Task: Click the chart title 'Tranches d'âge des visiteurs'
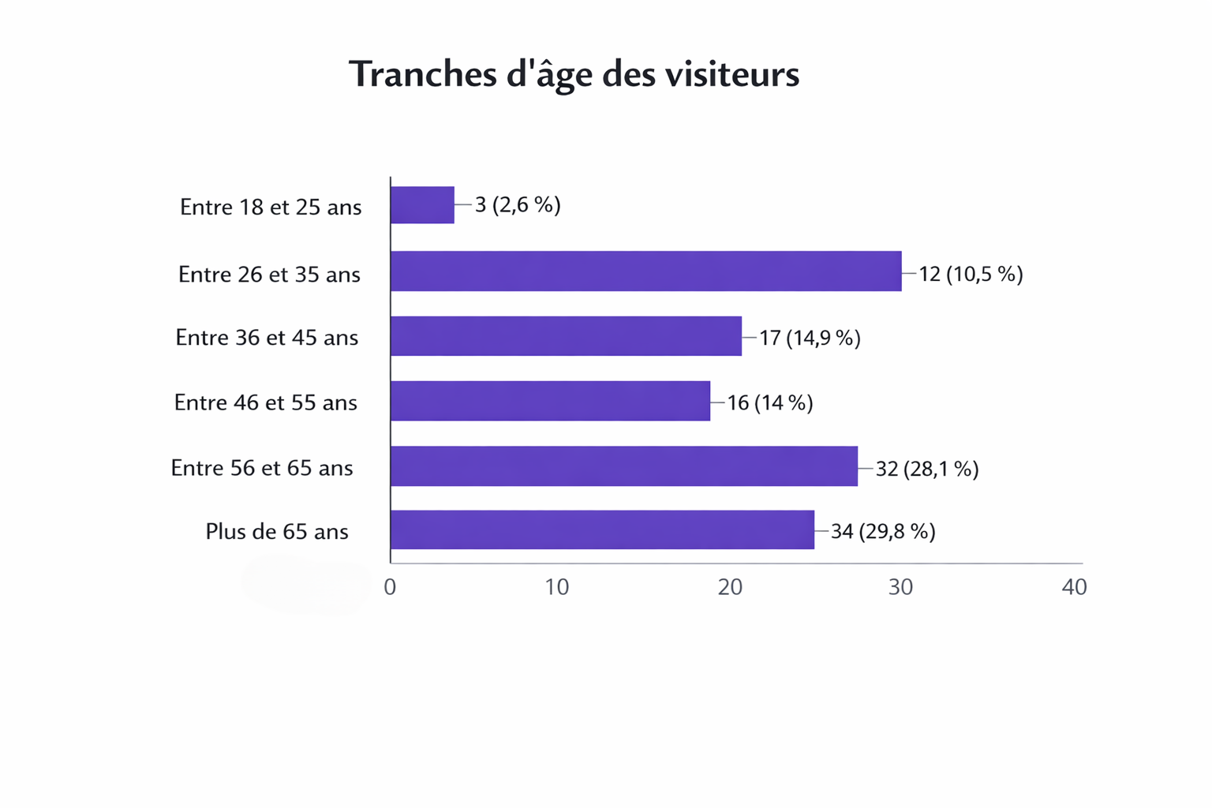[x=574, y=75]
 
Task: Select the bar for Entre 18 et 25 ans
[x=422, y=205]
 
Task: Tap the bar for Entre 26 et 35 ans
[x=645, y=271]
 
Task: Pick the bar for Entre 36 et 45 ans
[x=566, y=336]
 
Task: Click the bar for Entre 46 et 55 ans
[x=550, y=401]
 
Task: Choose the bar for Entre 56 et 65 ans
[x=623, y=466]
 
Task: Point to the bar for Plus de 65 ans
[x=602, y=530]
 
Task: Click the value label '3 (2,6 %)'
[x=518, y=205]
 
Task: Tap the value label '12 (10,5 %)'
[x=971, y=274]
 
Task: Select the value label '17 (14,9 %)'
[x=810, y=338]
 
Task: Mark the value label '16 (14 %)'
[x=770, y=402]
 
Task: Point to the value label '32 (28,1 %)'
[x=927, y=469]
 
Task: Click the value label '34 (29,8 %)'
[x=883, y=531]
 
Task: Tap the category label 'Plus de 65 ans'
[x=277, y=532]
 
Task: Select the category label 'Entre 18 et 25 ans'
[x=271, y=207]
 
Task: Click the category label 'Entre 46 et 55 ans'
[x=266, y=402]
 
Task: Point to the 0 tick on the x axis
[x=390, y=587]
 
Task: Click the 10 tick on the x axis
[x=557, y=587]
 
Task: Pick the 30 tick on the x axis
[x=900, y=587]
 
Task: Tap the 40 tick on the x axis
[x=1074, y=587]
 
